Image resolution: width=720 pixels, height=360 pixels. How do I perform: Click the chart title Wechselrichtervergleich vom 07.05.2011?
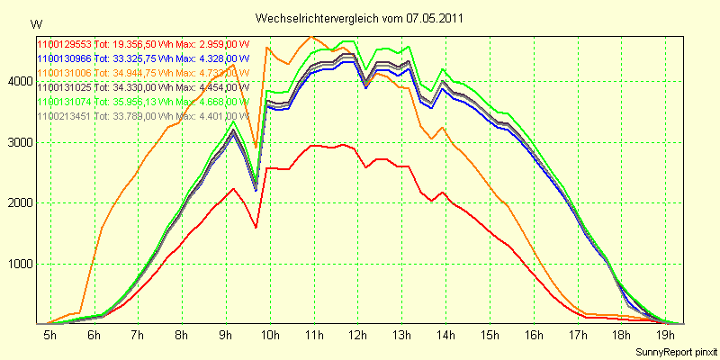[x=360, y=18]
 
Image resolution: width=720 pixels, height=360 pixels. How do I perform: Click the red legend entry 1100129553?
[x=141, y=43]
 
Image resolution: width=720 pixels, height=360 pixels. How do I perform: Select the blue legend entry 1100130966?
[x=141, y=58]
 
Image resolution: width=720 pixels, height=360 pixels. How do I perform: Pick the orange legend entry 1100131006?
[x=141, y=72]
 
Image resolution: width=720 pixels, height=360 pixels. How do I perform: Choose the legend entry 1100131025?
[x=141, y=87]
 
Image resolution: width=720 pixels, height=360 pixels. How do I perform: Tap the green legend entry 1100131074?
[x=141, y=102]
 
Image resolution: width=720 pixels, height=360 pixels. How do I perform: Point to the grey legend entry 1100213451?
[x=141, y=116]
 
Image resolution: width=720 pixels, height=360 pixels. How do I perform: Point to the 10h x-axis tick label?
[x=267, y=336]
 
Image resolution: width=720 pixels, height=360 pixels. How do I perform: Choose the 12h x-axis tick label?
[x=355, y=336]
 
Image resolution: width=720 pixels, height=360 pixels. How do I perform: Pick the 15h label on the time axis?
[x=488, y=336]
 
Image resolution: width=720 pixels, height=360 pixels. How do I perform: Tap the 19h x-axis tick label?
[x=663, y=336]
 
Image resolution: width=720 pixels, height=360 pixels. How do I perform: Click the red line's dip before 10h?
[x=256, y=227]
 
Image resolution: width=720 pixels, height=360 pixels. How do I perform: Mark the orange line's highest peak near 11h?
[x=311, y=37]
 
